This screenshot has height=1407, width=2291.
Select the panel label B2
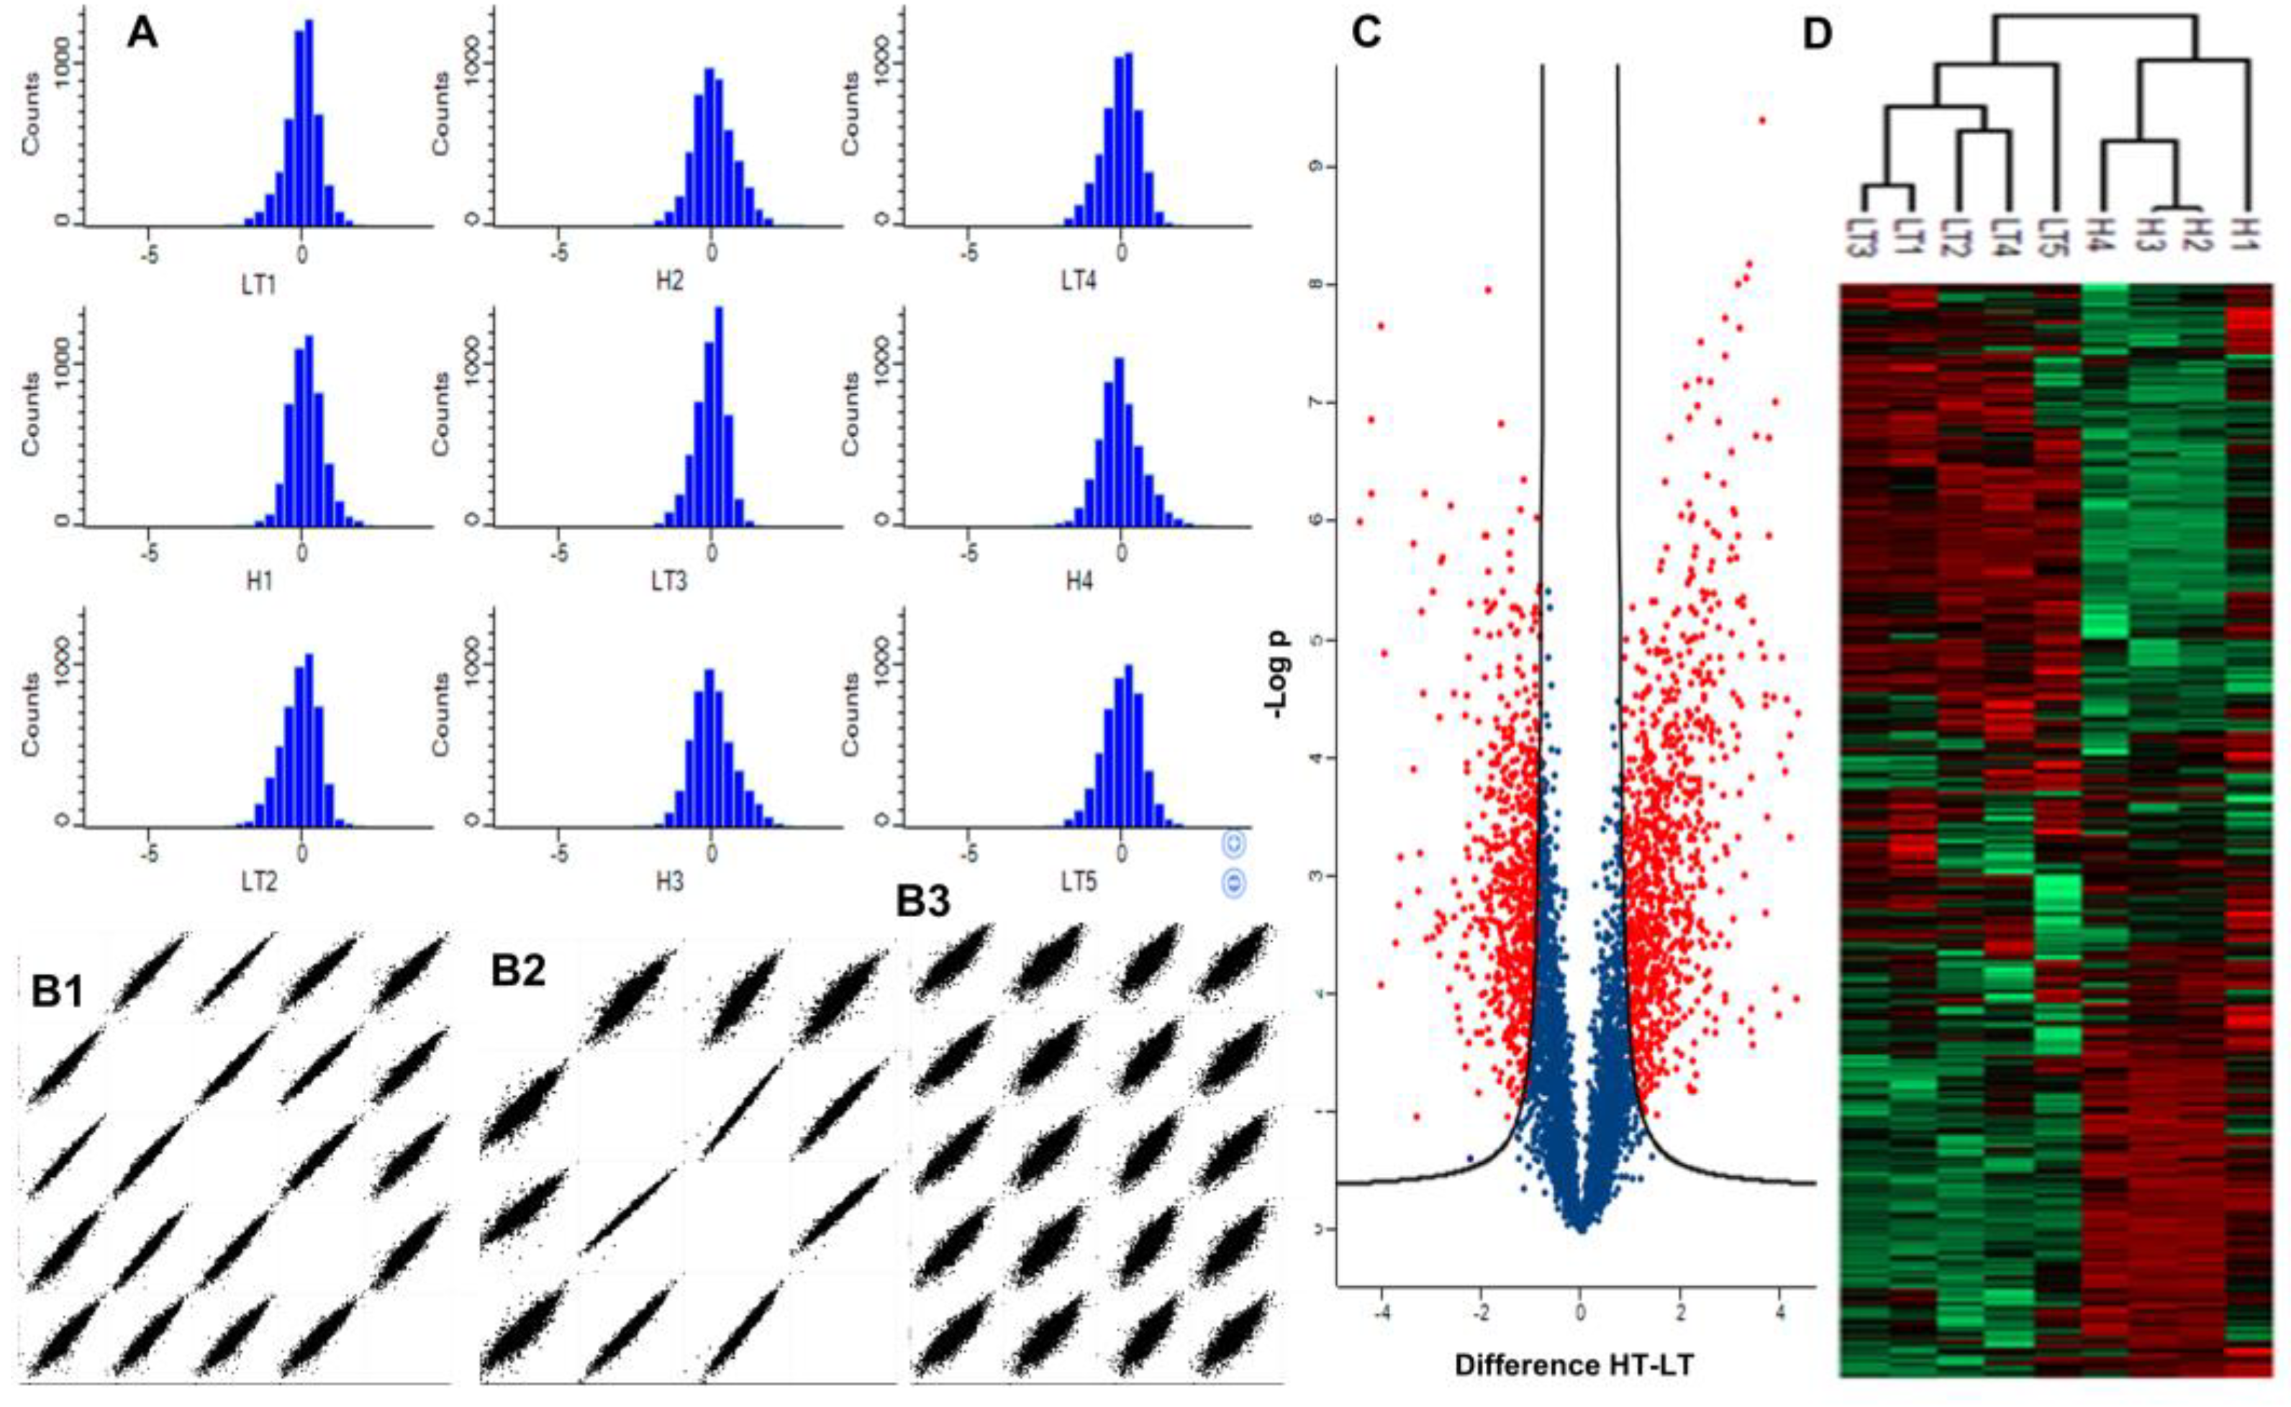pos(518,970)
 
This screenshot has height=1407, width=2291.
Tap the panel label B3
pos(924,901)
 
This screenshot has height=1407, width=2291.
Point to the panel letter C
pos(1367,35)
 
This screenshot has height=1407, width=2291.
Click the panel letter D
pos(1816,35)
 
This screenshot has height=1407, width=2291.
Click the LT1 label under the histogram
pos(259,281)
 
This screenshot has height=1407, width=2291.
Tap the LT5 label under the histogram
pos(1079,880)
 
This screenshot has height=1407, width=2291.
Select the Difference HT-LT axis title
pos(1574,1366)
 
